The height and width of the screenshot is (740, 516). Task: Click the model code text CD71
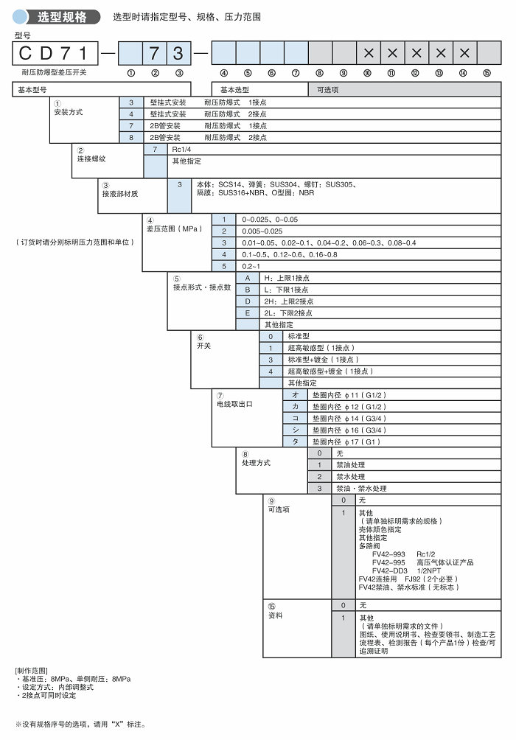55,53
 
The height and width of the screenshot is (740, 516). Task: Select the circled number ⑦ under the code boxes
296,73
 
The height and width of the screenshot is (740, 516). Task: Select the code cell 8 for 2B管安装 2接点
131,137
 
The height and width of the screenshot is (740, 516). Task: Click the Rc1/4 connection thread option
180,149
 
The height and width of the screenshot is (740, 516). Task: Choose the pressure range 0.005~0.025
262,231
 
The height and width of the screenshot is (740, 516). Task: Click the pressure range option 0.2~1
251,266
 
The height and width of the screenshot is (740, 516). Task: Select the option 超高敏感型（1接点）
321,348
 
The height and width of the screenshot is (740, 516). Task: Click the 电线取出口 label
234,404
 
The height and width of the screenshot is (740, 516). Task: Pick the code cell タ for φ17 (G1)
296,441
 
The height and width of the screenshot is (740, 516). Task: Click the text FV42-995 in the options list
388,562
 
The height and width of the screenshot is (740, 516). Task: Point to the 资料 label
275,615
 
